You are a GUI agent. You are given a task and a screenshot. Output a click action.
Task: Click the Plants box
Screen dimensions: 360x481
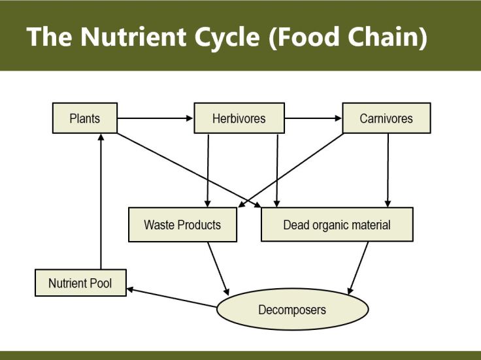pos(84,119)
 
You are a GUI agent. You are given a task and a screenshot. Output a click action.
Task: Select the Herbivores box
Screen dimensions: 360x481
pos(239,119)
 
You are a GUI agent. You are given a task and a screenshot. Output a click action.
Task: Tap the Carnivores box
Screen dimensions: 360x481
pos(386,119)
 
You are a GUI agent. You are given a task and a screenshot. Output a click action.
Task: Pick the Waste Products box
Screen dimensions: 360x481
pos(182,225)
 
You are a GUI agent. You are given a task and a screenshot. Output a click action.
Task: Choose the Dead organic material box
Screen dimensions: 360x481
pos(337,225)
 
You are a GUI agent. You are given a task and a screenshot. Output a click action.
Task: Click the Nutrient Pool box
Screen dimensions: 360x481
pos(80,284)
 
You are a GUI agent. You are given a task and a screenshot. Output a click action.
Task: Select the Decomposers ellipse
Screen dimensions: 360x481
pos(291,309)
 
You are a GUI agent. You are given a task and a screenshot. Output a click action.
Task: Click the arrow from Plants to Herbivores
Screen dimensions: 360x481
pos(156,119)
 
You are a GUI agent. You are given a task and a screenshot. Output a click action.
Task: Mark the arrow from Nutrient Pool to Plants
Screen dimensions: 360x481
pos(101,203)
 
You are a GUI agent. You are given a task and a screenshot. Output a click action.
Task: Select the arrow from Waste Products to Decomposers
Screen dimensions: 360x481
pos(218,268)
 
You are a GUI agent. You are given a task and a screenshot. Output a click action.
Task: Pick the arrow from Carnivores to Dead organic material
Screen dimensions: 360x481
pos(388,170)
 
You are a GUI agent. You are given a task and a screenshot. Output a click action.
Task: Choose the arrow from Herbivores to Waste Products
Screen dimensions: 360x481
pos(207,170)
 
